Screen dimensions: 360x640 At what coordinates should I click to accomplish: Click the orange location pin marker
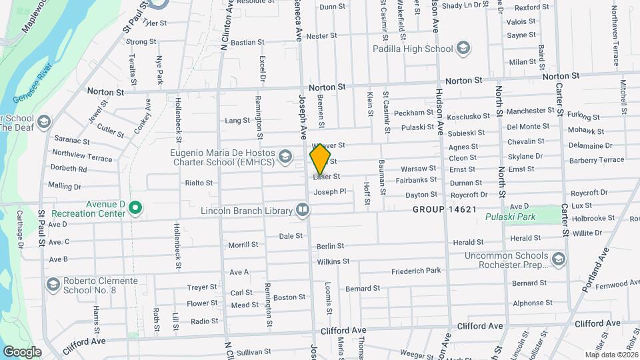click(x=321, y=160)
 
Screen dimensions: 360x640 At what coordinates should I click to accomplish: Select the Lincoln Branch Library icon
click(x=303, y=211)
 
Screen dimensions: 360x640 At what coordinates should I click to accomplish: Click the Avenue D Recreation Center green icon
click(x=135, y=209)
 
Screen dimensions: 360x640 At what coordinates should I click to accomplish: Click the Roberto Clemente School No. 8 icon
click(x=53, y=285)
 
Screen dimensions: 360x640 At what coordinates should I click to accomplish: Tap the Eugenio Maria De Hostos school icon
click(x=285, y=156)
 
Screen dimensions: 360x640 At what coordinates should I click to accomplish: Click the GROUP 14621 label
click(x=444, y=209)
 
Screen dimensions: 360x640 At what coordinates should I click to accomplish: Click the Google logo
click(x=22, y=351)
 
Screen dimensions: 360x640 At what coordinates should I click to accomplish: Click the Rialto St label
click(x=199, y=183)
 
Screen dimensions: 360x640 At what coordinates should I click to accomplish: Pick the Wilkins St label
click(x=333, y=262)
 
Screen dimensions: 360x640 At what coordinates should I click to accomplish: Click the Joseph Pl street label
click(x=330, y=192)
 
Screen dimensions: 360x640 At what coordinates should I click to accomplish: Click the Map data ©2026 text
click(x=611, y=355)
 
